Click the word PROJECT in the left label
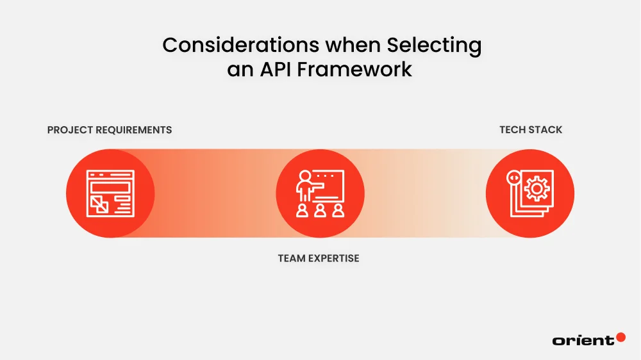[70, 130]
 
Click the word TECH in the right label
[513, 130]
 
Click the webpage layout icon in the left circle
[110, 193]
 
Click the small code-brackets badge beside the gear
[513, 177]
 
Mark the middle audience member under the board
[320, 210]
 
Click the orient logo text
[583, 341]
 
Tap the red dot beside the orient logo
[620, 337]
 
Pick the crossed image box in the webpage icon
[99, 204]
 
